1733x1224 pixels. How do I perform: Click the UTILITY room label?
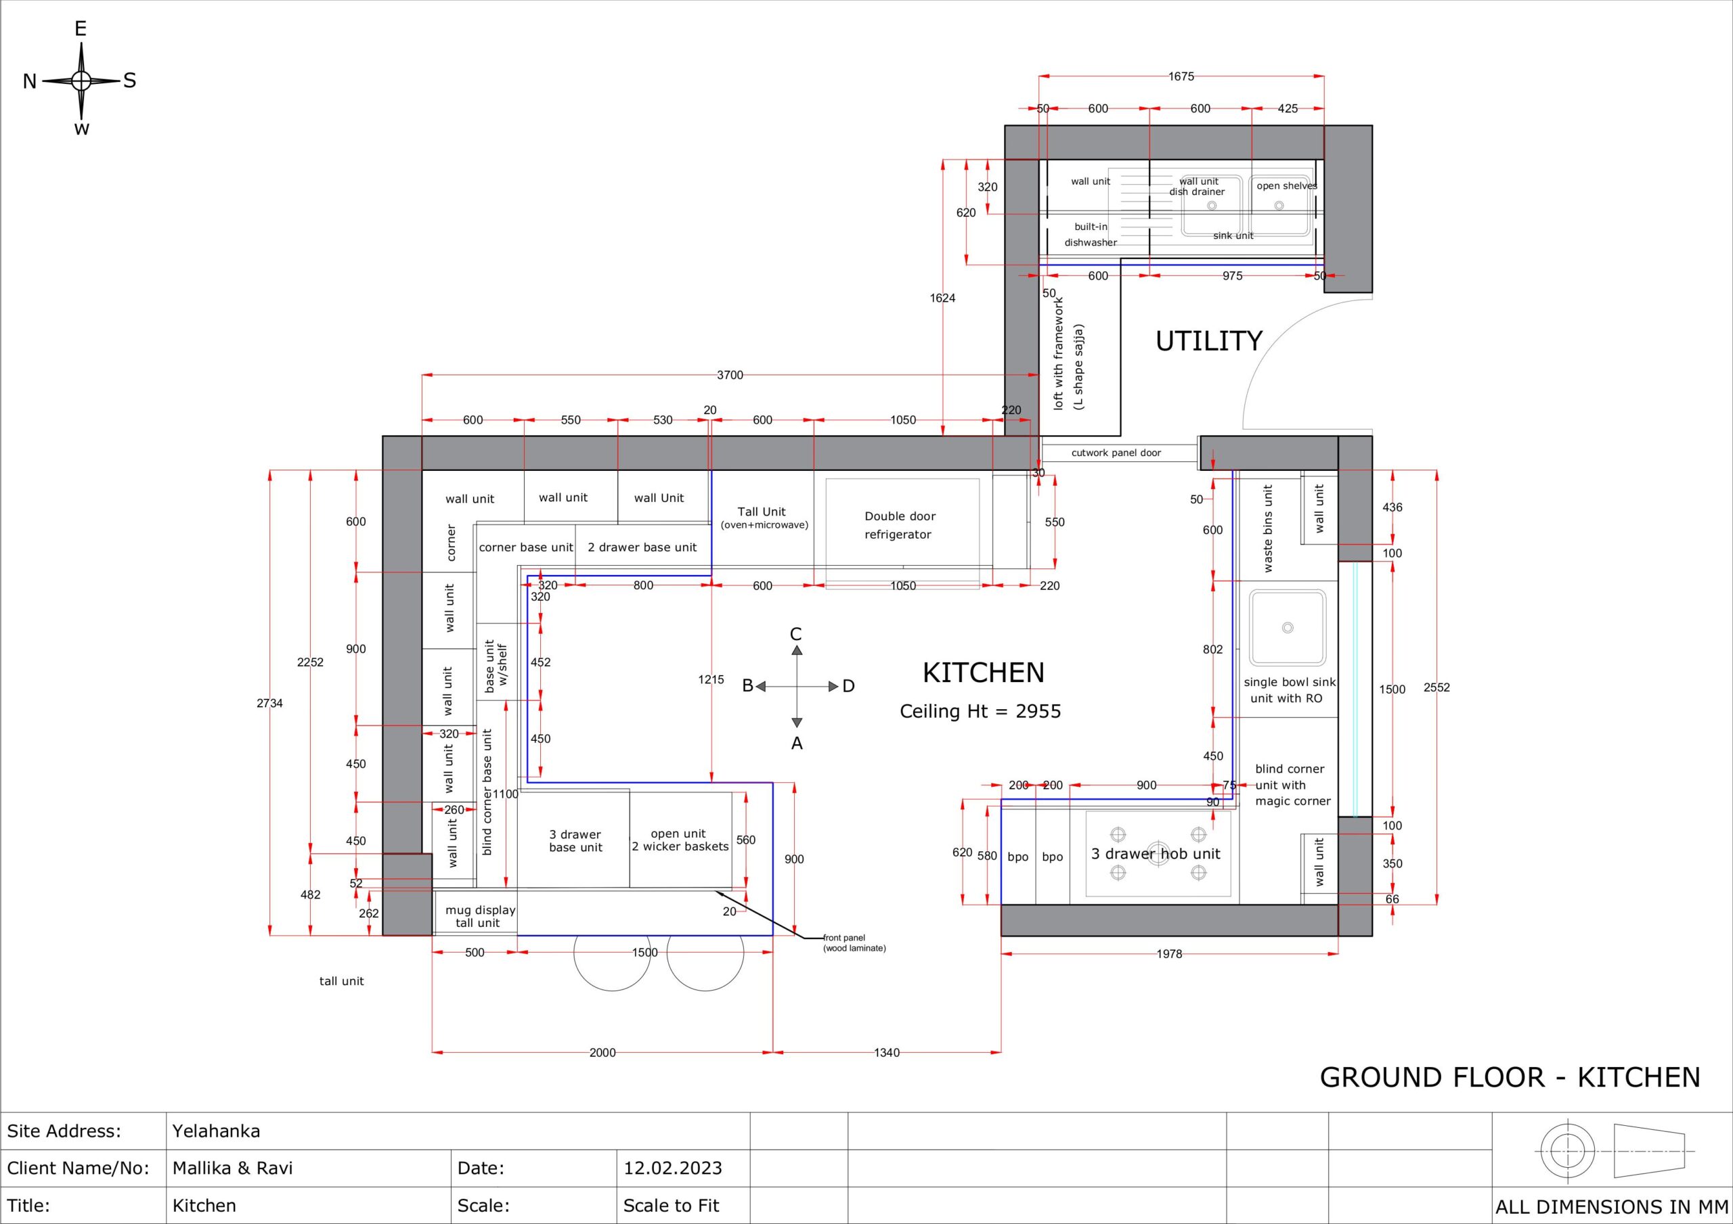pyautogui.click(x=1208, y=341)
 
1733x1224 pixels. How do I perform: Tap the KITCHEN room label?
pyautogui.click(x=984, y=673)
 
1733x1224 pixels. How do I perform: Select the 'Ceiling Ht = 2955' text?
pyautogui.click(x=980, y=711)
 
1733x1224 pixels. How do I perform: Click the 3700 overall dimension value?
pyautogui.click(x=730, y=375)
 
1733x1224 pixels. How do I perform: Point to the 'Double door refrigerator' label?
pyautogui.click(x=899, y=525)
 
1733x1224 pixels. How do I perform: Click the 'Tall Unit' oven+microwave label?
pyautogui.click(x=764, y=517)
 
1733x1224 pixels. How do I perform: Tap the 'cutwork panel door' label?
pyautogui.click(x=1116, y=453)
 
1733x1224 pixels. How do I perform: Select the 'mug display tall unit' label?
pyautogui.click(x=480, y=916)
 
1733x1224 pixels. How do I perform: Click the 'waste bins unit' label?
pyautogui.click(x=1268, y=528)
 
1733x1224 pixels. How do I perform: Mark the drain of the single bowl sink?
pyautogui.click(x=1288, y=627)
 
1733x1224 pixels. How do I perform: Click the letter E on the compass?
pyautogui.click(x=81, y=28)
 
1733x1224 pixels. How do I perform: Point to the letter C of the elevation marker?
pyautogui.click(x=795, y=634)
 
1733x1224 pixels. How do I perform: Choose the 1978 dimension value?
pyautogui.click(x=1169, y=954)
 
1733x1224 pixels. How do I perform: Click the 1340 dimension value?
pyautogui.click(x=887, y=1052)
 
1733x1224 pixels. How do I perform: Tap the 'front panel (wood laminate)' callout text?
pyautogui.click(x=854, y=943)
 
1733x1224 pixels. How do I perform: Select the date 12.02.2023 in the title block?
pyautogui.click(x=672, y=1168)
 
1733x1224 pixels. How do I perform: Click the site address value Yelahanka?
pyautogui.click(x=216, y=1131)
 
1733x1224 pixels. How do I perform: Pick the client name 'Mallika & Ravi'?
pyautogui.click(x=232, y=1168)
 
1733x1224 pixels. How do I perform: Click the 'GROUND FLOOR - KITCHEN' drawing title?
pyautogui.click(x=1510, y=1077)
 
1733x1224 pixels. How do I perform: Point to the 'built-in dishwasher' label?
pyautogui.click(x=1091, y=235)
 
